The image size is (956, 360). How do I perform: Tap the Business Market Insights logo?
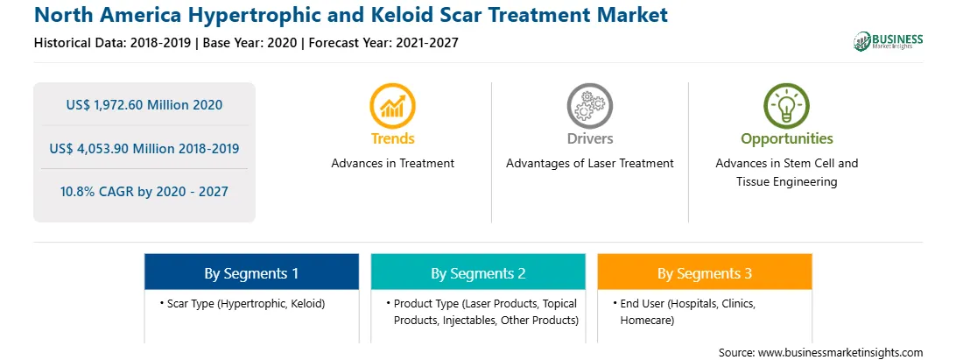pyautogui.click(x=888, y=41)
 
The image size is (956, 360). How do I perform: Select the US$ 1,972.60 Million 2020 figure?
pyautogui.click(x=144, y=105)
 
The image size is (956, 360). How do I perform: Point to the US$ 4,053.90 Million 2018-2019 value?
pyautogui.click(x=144, y=148)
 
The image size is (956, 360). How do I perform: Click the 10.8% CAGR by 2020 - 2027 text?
pyautogui.click(x=144, y=192)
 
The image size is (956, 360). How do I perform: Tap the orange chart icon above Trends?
pyautogui.click(x=392, y=106)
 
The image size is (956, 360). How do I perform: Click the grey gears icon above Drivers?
pyautogui.click(x=589, y=106)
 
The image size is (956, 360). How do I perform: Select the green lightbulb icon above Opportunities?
pyautogui.click(x=786, y=106)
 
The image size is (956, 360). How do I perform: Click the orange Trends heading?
pyautogui.click(x=392, y=138)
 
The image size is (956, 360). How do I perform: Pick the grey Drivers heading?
pyautogui.click(x=589, y=138)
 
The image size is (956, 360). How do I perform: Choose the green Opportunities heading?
pyautogui.click(x=786, y=139)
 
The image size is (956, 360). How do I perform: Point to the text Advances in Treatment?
pyautogui.click(x=392, y=163)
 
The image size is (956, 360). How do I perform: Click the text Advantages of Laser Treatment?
pyautogui.click(x=589, y=163)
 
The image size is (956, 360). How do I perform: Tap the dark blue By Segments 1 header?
pyautogui.click(x=251, y=273)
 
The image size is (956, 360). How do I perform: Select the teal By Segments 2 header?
pyautogui.click(x=478, y=273)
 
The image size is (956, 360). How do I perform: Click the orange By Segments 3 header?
pyautogui.click(x=704, y=273)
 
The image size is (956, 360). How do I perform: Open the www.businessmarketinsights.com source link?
pyautogui.click(x=840, y=352)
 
